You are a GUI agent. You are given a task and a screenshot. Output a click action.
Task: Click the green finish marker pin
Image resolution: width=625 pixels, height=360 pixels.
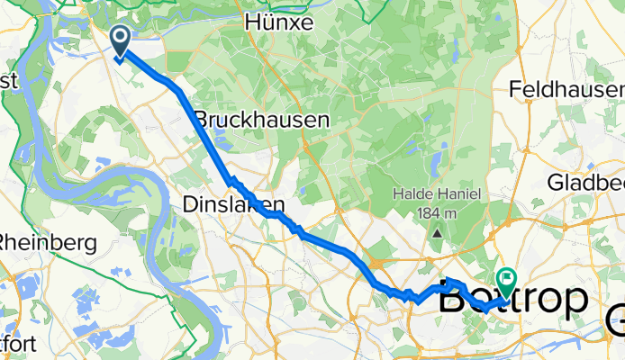click(507, 281)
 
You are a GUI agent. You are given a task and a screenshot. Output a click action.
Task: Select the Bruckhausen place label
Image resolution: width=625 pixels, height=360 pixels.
click(262, 119)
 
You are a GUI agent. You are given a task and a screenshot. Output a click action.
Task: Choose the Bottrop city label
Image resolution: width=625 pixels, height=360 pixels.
click(513, 300)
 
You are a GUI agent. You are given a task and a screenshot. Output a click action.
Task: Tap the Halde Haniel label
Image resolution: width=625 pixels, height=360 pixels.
click(439, 196)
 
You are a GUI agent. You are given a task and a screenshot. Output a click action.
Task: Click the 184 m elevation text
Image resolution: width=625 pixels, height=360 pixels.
click(439, 214)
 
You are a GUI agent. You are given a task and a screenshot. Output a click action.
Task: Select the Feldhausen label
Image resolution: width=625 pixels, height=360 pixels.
click(566, 90)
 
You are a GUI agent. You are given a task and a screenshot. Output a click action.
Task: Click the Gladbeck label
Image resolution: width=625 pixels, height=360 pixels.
click(585, 183)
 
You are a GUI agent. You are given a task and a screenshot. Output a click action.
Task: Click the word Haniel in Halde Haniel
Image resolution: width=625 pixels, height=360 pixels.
click(462, 196)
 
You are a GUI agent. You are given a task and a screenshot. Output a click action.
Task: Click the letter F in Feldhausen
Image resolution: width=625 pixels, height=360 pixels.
click(515, 90)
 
